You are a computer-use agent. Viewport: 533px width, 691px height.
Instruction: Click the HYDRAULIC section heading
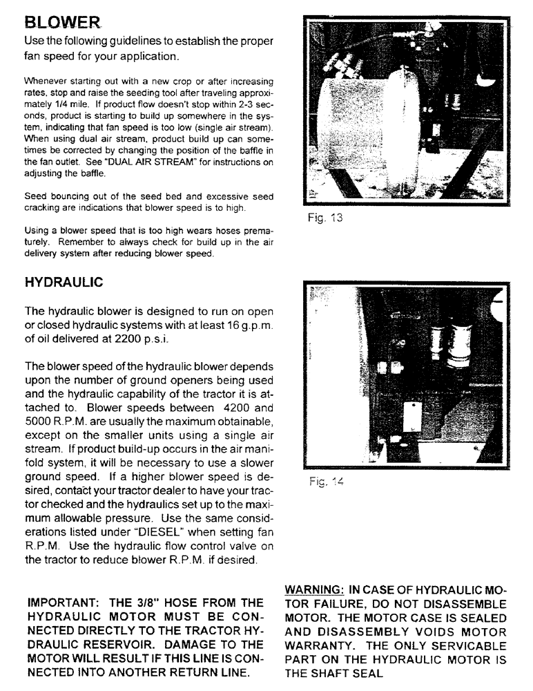click(64, 283)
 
